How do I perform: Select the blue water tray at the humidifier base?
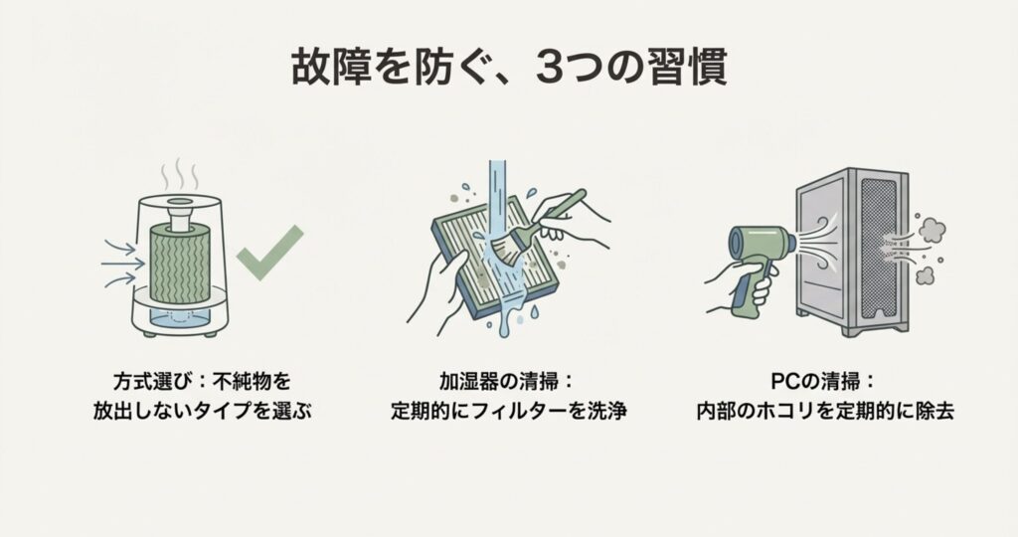point(180,316)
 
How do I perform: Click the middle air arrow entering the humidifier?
point(123,265)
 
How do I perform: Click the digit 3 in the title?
point(550,67)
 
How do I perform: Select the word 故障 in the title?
point(332,67)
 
